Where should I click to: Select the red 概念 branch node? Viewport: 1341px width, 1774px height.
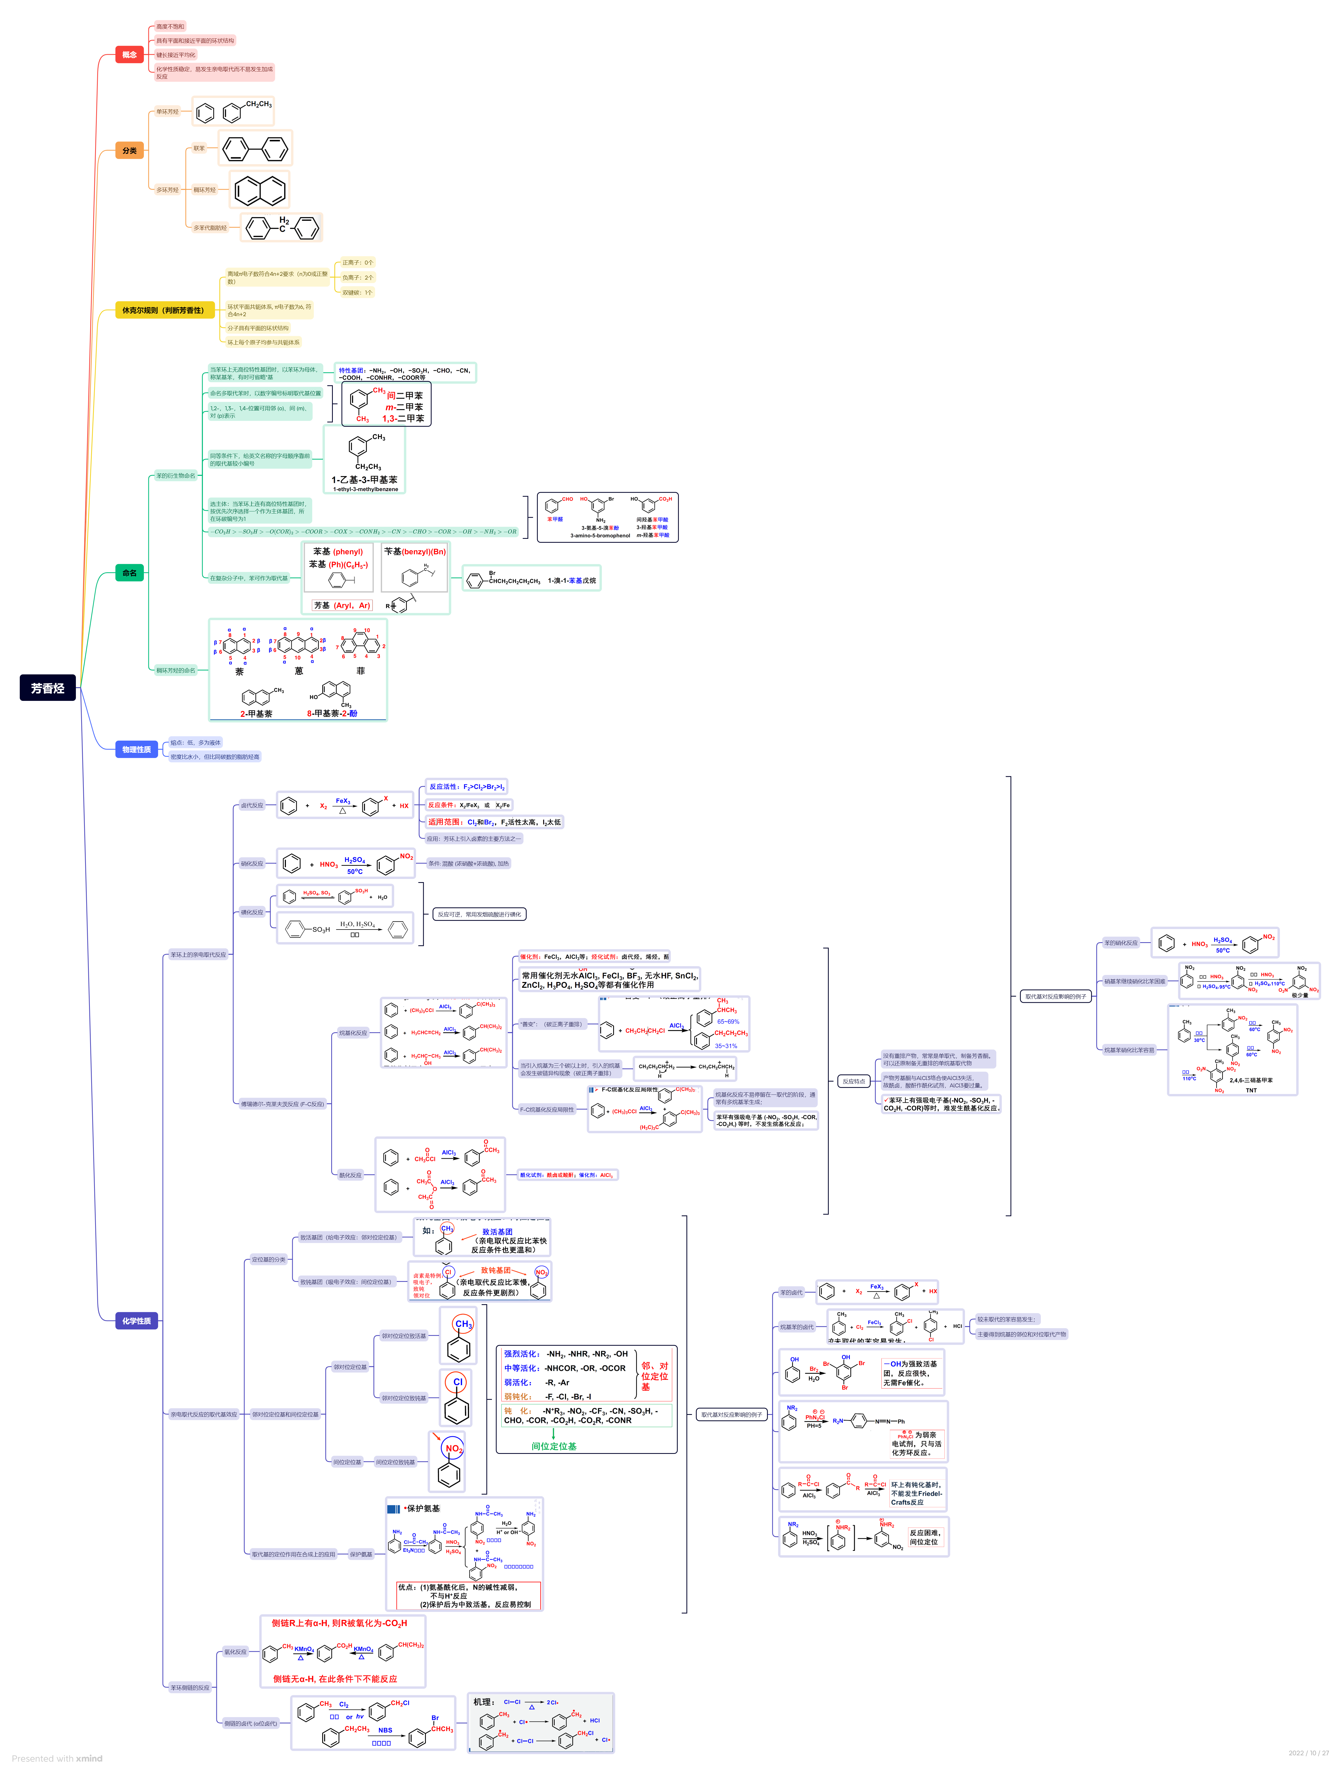tap(129, 55)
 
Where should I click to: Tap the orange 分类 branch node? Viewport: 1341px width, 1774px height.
tap(129, 151)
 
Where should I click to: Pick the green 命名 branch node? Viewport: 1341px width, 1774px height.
tap(129, 573)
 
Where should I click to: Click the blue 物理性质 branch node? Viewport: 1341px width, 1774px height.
tap(136, 749)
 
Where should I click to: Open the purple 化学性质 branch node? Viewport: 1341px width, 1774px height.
tap(136, 1321)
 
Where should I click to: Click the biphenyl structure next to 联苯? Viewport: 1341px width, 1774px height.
tap(255, 148)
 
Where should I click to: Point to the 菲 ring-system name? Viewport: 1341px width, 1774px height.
tap(360, 671)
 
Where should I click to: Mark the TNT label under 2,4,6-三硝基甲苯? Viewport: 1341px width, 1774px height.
tap(1251, 1091)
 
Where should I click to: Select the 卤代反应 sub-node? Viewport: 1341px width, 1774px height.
tap(252, 805)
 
